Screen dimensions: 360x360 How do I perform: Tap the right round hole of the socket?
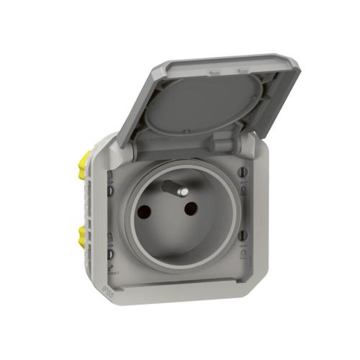191,209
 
